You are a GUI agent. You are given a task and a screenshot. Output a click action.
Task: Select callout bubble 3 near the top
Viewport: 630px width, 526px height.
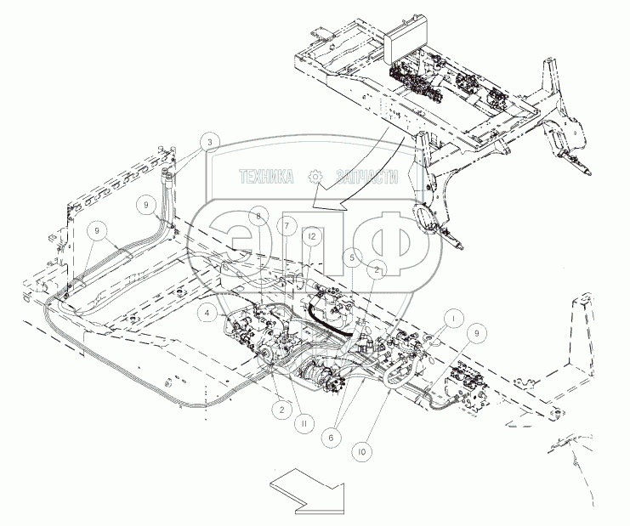[x=210, y=141]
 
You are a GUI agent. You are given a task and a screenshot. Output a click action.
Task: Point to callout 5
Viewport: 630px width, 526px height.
[x=352, y=255]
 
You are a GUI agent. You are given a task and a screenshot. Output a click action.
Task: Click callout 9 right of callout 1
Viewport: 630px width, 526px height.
[x=475, y=335]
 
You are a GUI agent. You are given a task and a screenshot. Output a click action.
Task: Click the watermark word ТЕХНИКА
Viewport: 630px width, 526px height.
[x=266, y=177]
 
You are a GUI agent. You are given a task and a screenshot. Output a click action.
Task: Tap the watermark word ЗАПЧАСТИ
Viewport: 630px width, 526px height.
[x=367, y=177]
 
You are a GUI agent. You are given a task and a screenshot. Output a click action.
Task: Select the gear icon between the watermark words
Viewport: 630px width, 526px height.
[x=316, y=177]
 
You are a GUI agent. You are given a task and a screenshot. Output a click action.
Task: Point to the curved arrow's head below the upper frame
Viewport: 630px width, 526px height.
[x=316, y=204]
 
